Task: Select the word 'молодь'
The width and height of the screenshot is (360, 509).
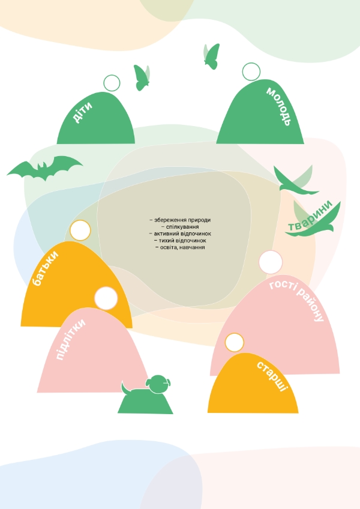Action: (x=278, y=106)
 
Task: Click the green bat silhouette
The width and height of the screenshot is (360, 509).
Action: (x=44, y=169)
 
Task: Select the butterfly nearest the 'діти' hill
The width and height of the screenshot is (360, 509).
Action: (x=142, y=77)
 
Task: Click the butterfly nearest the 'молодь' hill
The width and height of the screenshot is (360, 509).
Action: (x=211, y=55)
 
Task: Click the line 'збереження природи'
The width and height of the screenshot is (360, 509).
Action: (x=180, y=220)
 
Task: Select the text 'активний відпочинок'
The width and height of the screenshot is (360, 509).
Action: (x=180, y=233)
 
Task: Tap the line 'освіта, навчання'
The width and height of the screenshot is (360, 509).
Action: (x=180, y=247)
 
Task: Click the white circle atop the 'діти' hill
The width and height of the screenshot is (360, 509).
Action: (x=112, y=83)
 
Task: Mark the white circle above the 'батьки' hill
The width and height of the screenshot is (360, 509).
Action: (x=80, y=230)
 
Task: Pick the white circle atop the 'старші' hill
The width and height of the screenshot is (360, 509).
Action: (x=235, y=343)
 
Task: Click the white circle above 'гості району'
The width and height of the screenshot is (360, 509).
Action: (x=271, y=262)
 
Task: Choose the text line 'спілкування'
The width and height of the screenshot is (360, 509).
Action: (x=180, y=227)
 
